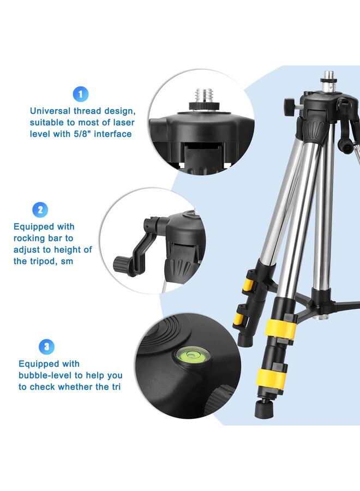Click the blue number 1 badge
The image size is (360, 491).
pos(80,94)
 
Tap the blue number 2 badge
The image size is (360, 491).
pos(40,209)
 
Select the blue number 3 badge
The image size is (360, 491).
pos(46,346)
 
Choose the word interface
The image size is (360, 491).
pos(113,134)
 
